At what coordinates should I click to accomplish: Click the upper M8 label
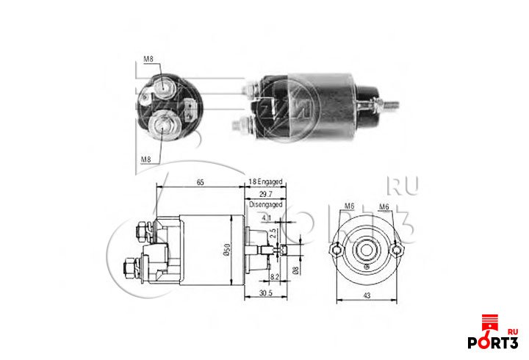click(147, 60)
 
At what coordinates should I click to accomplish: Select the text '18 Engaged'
click(265, 181)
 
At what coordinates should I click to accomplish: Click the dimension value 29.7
click(266, 195)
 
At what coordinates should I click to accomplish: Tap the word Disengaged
click(266, 206)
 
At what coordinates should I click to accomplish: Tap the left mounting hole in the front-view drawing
click(337, 251)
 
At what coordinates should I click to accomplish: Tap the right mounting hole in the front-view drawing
click(397, 251)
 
